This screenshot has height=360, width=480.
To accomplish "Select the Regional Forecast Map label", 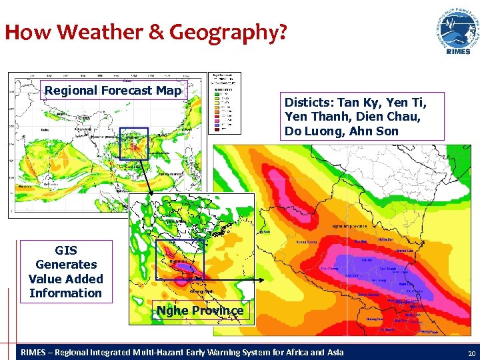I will click(111, 90).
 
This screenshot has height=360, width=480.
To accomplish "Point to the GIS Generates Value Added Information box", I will click(66, 271).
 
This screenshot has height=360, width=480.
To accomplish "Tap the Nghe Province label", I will click(199, 311).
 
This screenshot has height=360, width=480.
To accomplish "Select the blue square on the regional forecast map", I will click(133, 143).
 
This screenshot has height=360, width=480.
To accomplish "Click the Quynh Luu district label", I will click(405, 251).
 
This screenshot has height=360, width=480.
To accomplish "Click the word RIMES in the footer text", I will click(35, 352).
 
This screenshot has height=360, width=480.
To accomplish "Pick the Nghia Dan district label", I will click(385, 239).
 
